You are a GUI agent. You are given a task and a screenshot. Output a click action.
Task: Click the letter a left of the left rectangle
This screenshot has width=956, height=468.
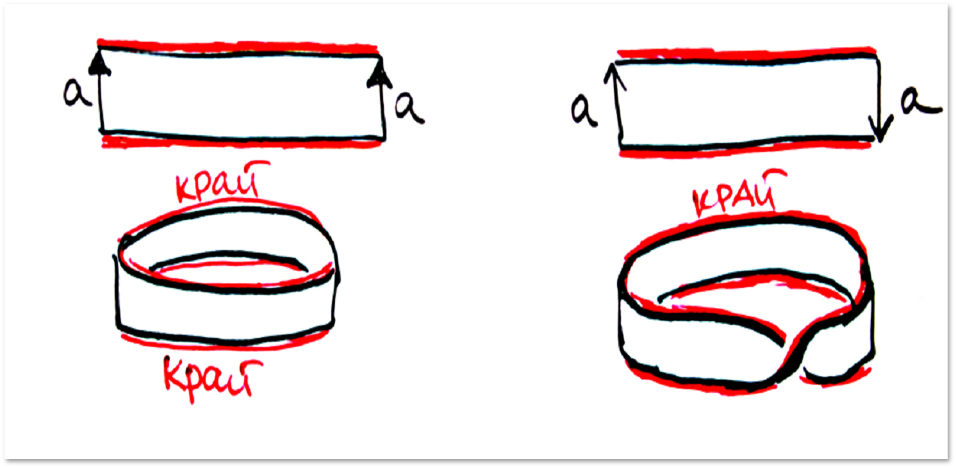click(x=77, y=93)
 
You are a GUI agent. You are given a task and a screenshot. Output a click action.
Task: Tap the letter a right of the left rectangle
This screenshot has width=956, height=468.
click(x=409, y=109)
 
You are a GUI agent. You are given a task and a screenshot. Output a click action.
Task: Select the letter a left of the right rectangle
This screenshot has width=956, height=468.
click(x=584, y=110)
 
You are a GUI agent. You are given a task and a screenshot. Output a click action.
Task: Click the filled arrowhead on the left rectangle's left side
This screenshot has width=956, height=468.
click(x=99, y=64)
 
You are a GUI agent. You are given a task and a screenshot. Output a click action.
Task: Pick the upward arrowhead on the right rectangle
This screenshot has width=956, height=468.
click(x=614, y=76)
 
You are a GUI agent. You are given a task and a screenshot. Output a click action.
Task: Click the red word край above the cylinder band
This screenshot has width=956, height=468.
click(x=222, y=182)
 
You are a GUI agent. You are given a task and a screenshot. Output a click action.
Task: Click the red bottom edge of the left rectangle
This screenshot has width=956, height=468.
click(x=241, y=142)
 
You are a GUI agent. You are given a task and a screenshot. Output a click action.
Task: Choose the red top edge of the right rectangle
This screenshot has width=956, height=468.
click(x=747, y=53)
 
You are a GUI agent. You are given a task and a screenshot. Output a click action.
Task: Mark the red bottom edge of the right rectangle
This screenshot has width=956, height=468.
click(x=745, y=150)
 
